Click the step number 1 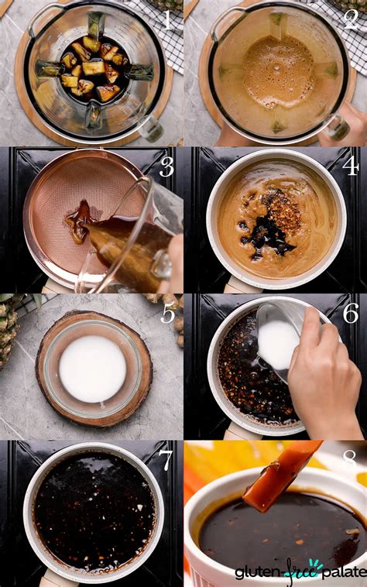pyautogui.click(x=167, y=18)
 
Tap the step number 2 pyautogui.click(x=351, y=18)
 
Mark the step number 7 pyautogui.click(x=167, y=460)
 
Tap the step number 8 pyautogui.click(x=351, y=460)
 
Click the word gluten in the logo pyautogui.click(x=256, y=572)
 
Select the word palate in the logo pyautogui.click(x=338, y=572)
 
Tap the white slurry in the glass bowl pyautogui.click(x=93, y=368)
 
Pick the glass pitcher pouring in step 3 pyautogui.click(x=135, y=240)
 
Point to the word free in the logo pyautogui.click(x=296, y=572)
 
